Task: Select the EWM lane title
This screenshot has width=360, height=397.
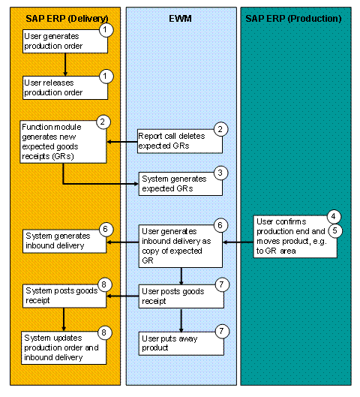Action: (181, 17)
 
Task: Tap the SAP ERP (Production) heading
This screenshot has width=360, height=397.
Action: (293, 17)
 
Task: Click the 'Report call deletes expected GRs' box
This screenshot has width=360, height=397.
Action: (180, 140)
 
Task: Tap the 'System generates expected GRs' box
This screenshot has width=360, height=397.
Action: (180, 183)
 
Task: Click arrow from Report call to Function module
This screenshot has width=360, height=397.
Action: (122, 140)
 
